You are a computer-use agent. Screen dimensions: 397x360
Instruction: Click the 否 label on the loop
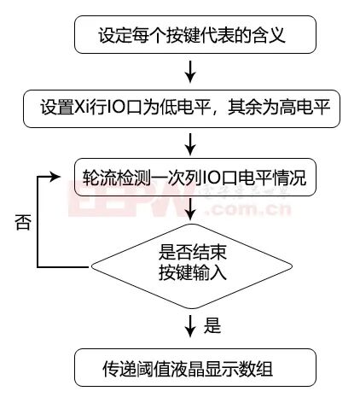point(22,223)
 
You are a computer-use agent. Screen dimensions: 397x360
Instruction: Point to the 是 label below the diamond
point(213,325)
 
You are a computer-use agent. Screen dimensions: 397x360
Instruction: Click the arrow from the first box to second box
point(197,71)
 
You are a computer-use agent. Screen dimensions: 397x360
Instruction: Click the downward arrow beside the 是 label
point(197,325)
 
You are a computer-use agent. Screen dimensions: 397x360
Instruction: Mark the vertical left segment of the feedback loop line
point(37,224)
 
